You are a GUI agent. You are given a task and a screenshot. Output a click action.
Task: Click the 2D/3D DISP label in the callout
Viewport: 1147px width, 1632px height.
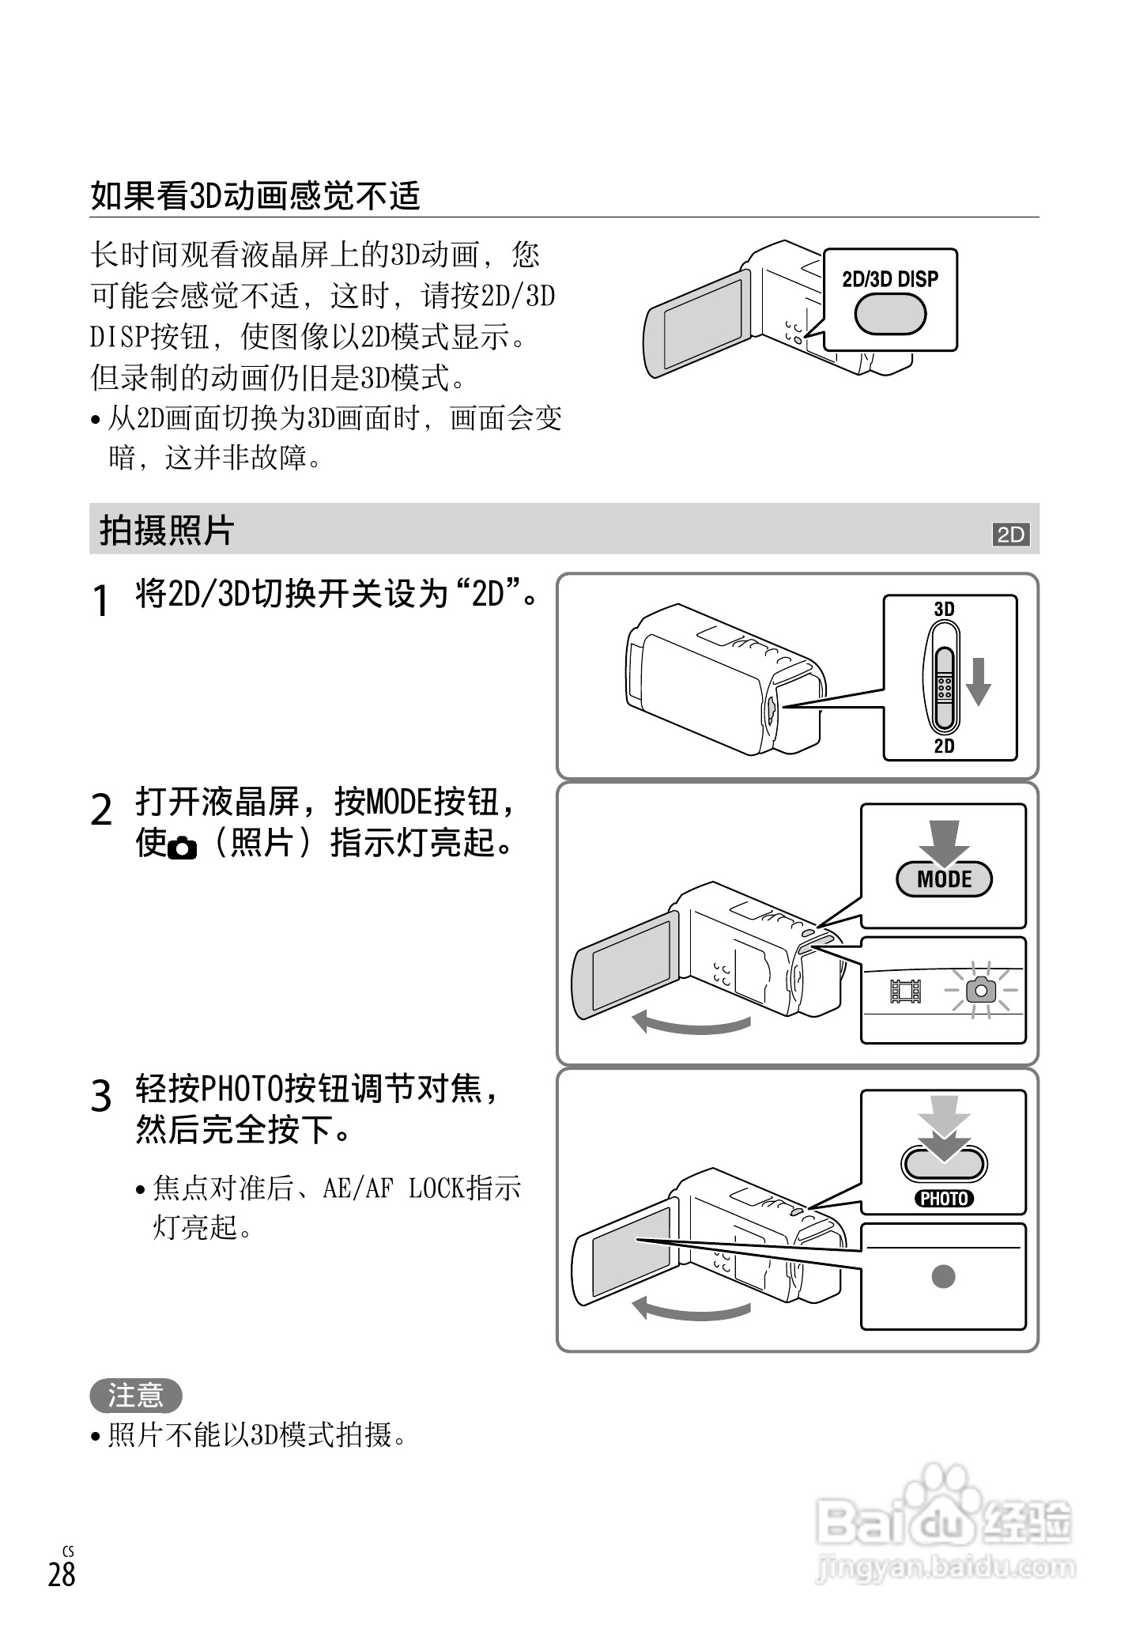[x=890, y=279]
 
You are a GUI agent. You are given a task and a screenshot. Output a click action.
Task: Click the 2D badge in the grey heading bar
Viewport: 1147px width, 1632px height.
[x=1010, y=535]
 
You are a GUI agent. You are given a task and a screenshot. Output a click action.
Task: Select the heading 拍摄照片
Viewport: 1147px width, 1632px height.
[x=167, y=531]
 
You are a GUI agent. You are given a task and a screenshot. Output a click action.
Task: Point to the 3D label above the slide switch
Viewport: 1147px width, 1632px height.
[x=944, y=610]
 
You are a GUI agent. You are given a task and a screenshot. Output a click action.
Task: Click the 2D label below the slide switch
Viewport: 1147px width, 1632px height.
[x=944, y=746]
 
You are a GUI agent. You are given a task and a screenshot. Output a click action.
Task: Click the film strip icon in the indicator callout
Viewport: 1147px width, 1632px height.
[x=906, y=991]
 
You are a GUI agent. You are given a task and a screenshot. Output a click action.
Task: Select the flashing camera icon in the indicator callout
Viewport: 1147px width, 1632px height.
[x=982, y=990]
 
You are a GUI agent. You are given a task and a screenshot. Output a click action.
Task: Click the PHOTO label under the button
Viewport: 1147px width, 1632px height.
[x=944, y=1199]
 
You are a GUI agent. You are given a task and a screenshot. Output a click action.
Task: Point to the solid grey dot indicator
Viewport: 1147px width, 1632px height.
[x=943, y=1276]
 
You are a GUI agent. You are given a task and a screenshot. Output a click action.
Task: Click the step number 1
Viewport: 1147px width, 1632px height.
[x=100, y=602]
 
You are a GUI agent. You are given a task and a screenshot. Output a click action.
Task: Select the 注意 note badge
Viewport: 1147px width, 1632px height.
[x=135, y=1396]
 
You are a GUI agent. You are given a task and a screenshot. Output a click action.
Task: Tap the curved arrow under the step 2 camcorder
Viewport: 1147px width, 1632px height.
[x=692, y=1024]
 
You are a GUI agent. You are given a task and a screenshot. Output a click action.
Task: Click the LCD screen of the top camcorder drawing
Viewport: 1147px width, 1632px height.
[x=702, y=322]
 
